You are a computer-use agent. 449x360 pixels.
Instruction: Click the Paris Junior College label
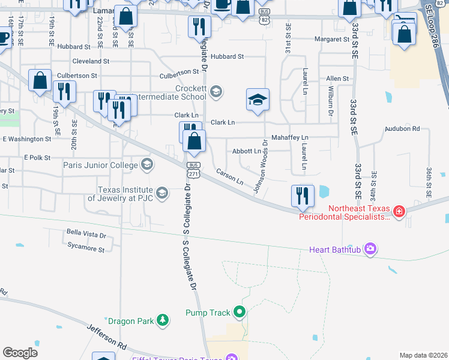click(x=100, y=164)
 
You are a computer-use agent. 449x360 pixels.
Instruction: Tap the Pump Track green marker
click(x=240, y=312)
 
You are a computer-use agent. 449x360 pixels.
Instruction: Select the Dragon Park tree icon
click(x=162, y=321)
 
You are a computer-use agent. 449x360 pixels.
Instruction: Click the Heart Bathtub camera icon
click(x=371, y=248)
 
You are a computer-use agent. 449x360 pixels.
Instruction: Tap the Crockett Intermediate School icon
click(x=216, y=92)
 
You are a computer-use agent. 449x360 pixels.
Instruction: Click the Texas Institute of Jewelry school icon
click(x=161, y=193)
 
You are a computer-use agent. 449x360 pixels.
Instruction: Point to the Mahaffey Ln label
click(x=289, y=137)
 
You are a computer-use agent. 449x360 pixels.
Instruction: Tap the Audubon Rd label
click(x=402, y=128)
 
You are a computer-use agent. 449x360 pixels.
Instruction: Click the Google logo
click(x=20, y=353)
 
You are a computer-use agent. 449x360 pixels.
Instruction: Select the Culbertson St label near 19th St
click(x=77, y=76)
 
